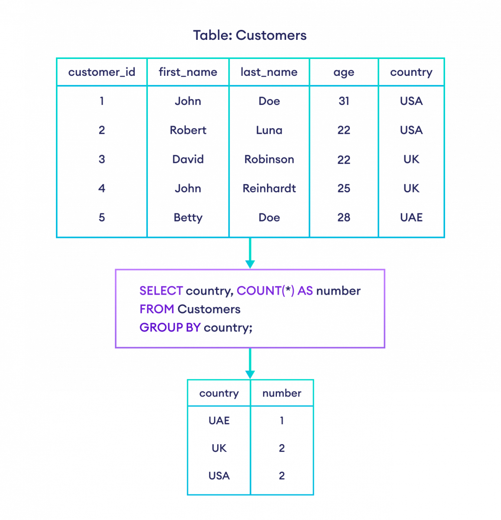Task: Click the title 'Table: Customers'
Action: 250,35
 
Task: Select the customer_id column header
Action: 101,72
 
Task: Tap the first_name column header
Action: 188,72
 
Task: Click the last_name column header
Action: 269,72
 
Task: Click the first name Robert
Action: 188,130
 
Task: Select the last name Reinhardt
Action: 269,188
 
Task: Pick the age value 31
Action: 344,101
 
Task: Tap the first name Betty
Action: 188,218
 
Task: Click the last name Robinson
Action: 269,159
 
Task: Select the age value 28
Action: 344,218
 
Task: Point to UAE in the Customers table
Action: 411,218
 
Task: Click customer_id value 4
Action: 101,188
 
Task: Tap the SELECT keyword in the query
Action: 161,291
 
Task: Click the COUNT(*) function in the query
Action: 265,291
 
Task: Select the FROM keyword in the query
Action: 157,309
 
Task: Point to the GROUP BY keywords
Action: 170,328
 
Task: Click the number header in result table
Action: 282,393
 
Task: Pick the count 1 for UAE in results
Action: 282,421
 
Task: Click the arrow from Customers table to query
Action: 250,253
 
